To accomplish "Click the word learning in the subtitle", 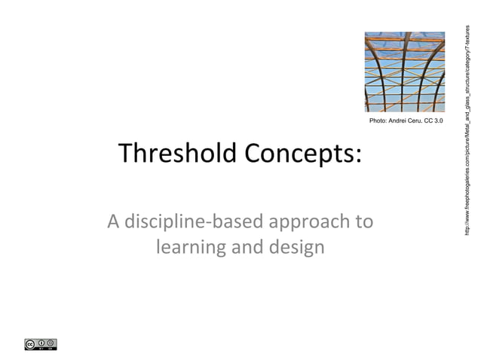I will (x=190, y=247).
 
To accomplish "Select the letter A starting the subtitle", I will (x=113, y=223).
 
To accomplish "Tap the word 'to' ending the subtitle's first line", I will (x=364, y=223).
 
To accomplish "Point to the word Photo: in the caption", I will (x=378, y=121).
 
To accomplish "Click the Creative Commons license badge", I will (x=41, y=345).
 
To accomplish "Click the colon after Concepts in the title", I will (x=357, y=157).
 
